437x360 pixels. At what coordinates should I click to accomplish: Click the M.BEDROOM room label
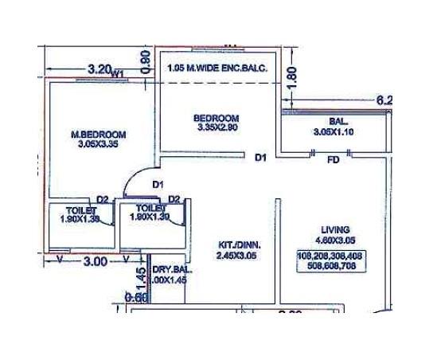(97, 134)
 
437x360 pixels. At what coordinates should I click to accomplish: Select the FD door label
(333, 159)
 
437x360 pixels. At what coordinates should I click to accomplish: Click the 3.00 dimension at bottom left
(95, 260)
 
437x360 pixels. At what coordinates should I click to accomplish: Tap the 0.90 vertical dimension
(144, 62)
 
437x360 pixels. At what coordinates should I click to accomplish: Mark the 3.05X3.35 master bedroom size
(97, 145)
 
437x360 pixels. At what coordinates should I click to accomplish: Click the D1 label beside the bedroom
(259, 158)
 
